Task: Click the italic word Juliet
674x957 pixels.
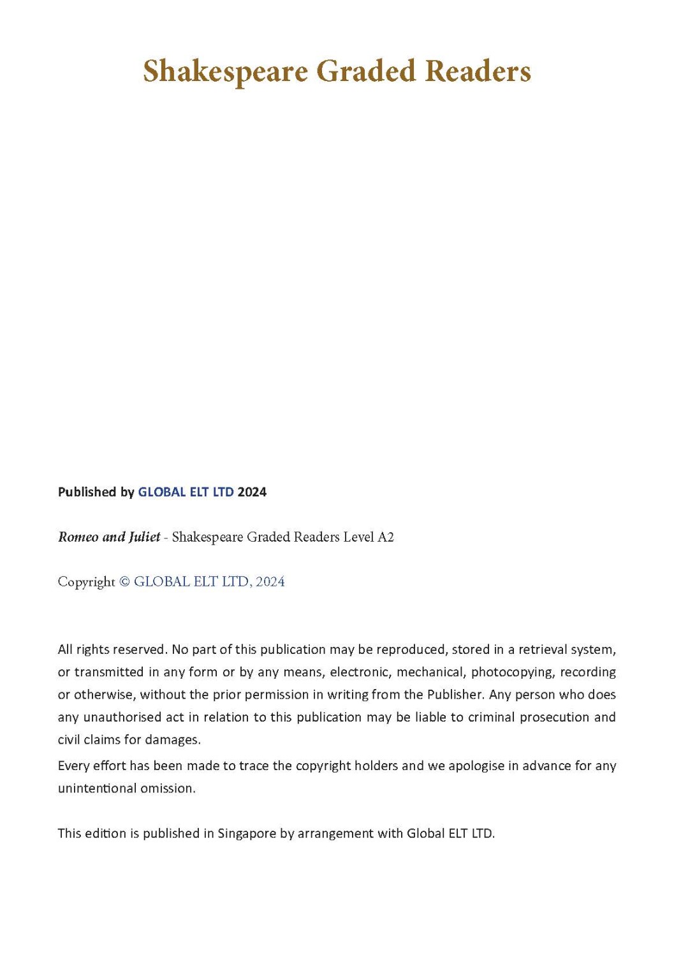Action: pos(145,537)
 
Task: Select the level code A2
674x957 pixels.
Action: pos(386,537)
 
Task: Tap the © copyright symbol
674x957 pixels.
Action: pos(124,582)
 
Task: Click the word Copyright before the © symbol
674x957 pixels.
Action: pos(86,582)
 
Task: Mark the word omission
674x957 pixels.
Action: pos(168,789)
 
